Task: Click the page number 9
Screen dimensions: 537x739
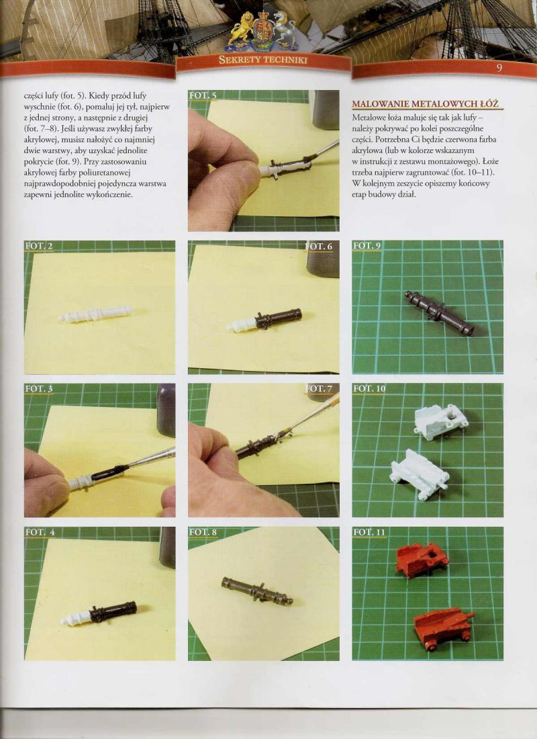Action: [499, 67]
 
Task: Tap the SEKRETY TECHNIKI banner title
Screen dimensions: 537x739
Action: [263, 59]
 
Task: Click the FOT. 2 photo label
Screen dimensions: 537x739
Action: [39, 246]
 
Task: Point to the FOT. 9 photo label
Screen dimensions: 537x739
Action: [367, 245]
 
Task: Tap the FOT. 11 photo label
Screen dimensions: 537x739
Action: [369, 532]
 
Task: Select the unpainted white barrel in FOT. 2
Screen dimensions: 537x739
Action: [95, 314]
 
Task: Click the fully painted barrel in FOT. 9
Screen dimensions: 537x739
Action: [440, 313]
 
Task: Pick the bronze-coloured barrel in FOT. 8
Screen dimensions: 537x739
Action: [257, 591]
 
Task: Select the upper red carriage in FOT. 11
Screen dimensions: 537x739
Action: [422, 560]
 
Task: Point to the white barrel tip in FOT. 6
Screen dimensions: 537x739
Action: [241, 324]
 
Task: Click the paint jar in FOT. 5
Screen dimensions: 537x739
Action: [324, 110]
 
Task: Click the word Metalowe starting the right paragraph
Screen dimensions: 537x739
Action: [366, 118]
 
